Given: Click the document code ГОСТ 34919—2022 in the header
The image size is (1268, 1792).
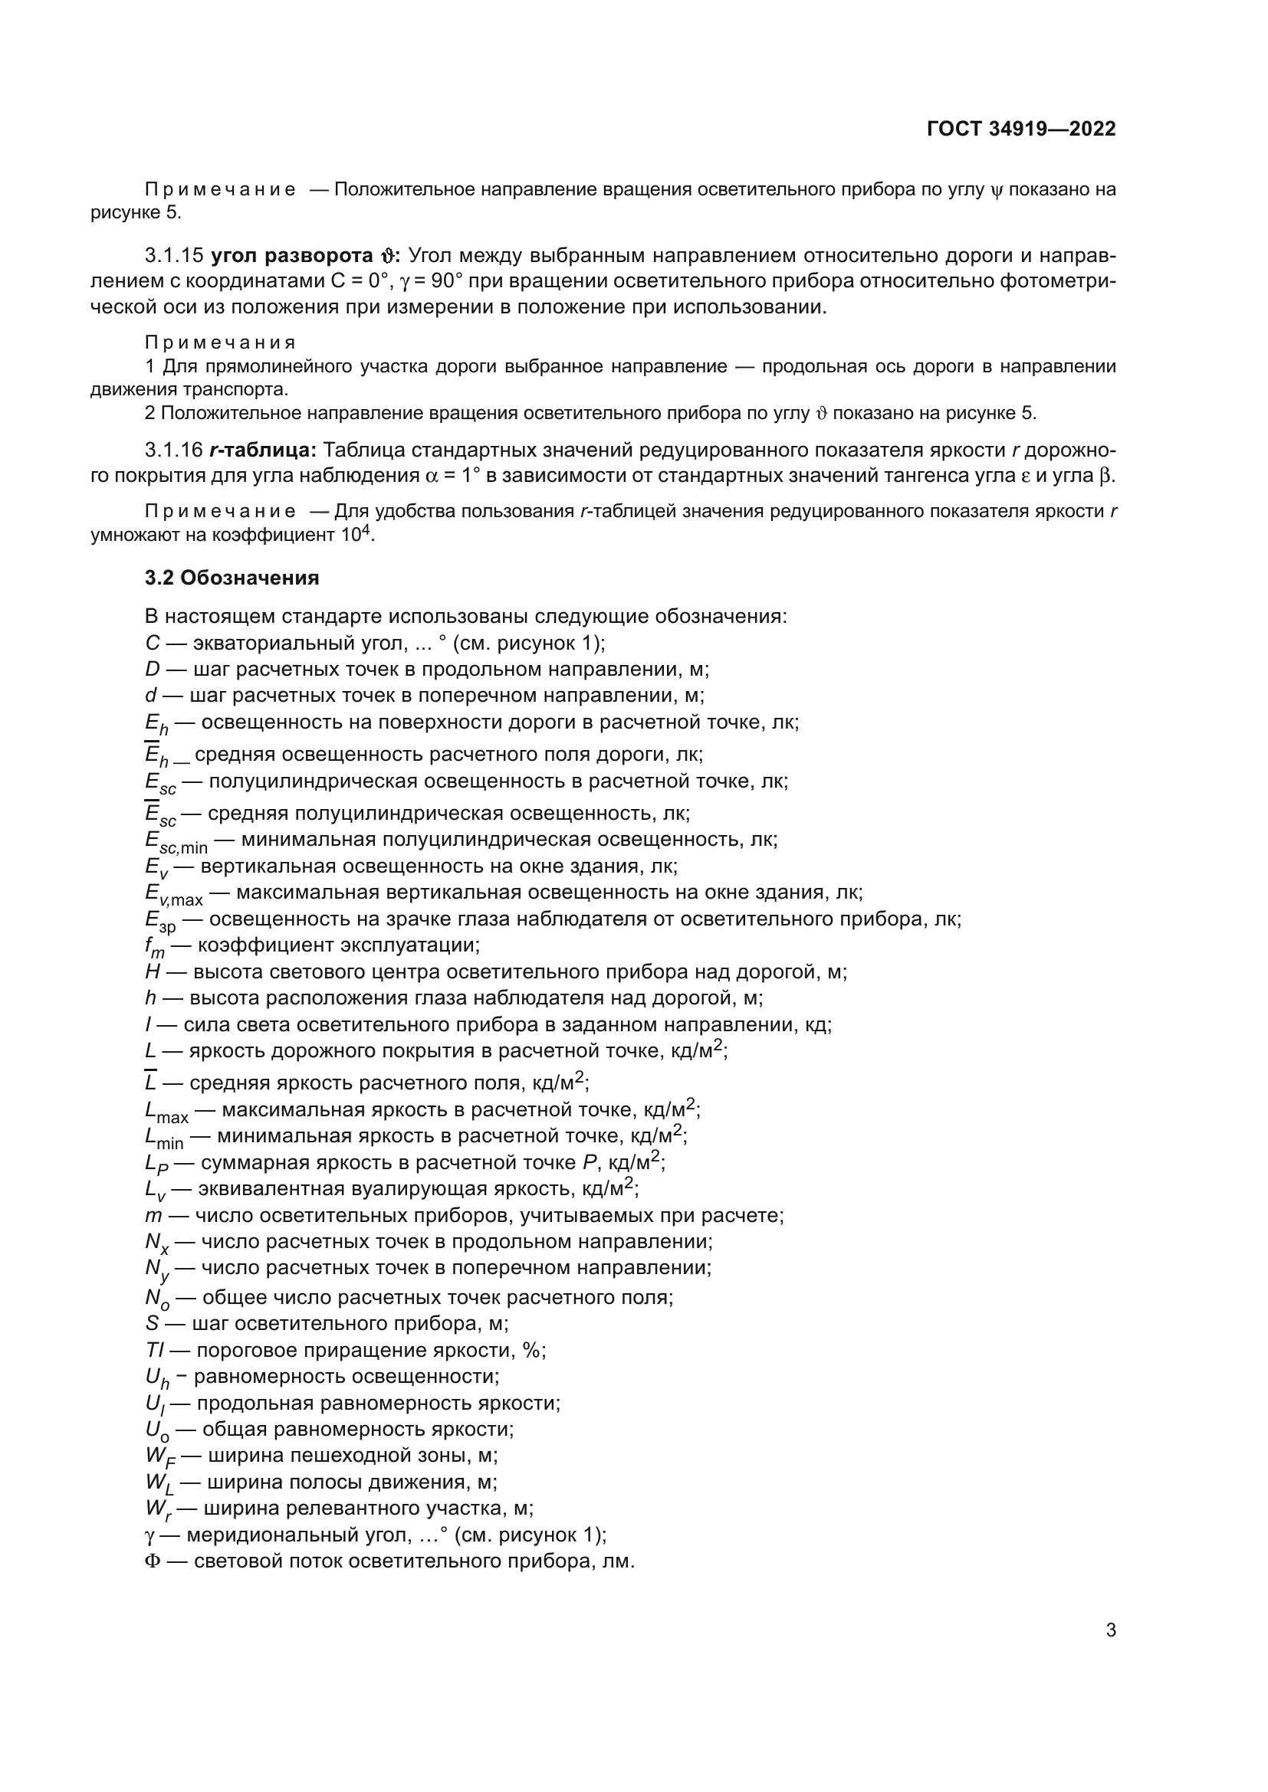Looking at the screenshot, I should [1021, 129].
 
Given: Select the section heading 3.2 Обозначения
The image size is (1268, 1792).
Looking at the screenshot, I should [232, 578].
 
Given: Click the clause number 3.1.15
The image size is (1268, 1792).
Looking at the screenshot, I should [174, 256].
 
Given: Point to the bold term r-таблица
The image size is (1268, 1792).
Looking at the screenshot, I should [261, 450].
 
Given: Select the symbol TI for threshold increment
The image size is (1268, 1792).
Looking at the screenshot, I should [154, 1350].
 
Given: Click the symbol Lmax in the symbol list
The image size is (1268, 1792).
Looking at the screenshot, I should [166, 1111].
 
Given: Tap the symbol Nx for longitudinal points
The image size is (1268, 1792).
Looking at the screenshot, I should [156, 1243].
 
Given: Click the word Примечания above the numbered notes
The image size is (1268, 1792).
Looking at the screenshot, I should [220, 342].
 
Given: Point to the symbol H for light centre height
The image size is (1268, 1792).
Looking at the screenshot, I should [152, 971].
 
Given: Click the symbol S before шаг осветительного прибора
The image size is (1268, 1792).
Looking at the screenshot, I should [152, 1324].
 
